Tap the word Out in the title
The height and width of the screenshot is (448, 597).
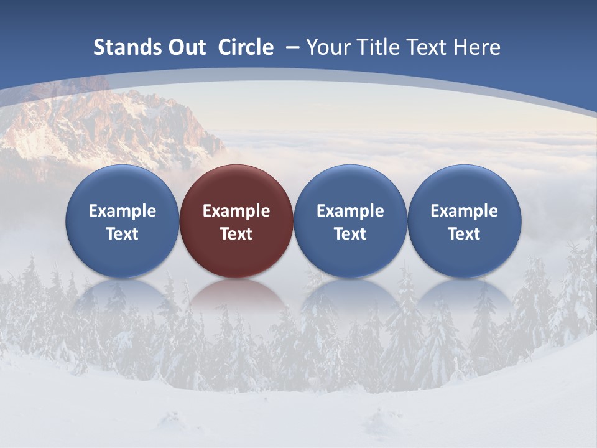coord(185,47)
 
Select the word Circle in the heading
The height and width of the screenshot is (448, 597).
coord(246,47)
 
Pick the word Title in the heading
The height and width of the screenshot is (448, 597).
coord(379,47)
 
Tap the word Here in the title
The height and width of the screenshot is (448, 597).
coord(476,47)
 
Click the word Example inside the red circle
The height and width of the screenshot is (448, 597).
coord(236,211)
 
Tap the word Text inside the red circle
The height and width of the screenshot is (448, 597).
coord(236,234)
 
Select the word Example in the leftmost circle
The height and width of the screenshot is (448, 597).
coord(122,211)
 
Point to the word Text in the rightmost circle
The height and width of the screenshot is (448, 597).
coord(464,234)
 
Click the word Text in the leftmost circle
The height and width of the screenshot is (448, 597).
coord(122,234)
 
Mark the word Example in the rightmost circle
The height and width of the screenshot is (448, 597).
coord(464,211)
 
